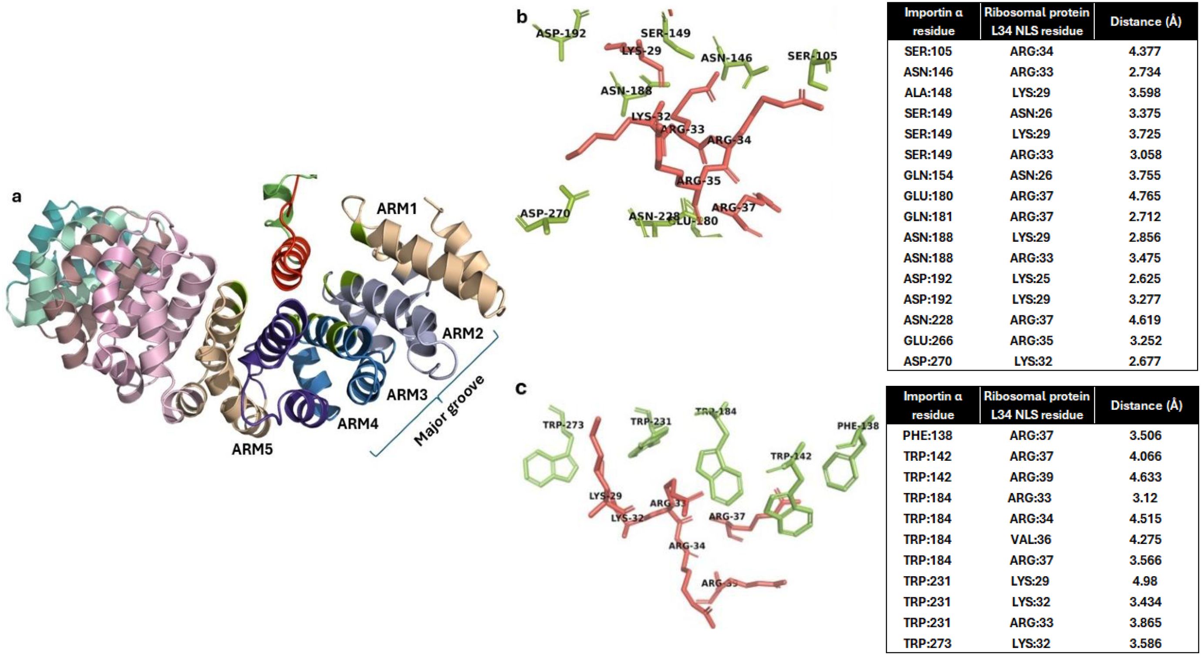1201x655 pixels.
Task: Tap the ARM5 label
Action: [252, 449]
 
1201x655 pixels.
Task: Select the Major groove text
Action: [449, 410]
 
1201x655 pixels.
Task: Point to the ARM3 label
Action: [407, 395]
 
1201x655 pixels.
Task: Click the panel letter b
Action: [522, 17]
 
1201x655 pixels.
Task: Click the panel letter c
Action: [521, 388]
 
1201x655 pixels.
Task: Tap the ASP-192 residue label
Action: [560, 33]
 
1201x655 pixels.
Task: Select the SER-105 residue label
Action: [812, 56]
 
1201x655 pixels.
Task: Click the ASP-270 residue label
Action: [545, 213]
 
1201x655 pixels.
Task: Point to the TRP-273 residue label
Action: [563, 425]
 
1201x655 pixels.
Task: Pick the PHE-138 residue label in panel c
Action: [857, 425]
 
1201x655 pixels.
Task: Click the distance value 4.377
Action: [1144, 51]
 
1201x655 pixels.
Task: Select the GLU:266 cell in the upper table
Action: [928, 340]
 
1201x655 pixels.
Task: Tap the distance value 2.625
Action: [1144, 278]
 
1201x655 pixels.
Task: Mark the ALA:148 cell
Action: [928, 92]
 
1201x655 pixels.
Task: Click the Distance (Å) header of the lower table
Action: [1146, 405]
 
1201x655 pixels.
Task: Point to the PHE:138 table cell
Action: [927, 436]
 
